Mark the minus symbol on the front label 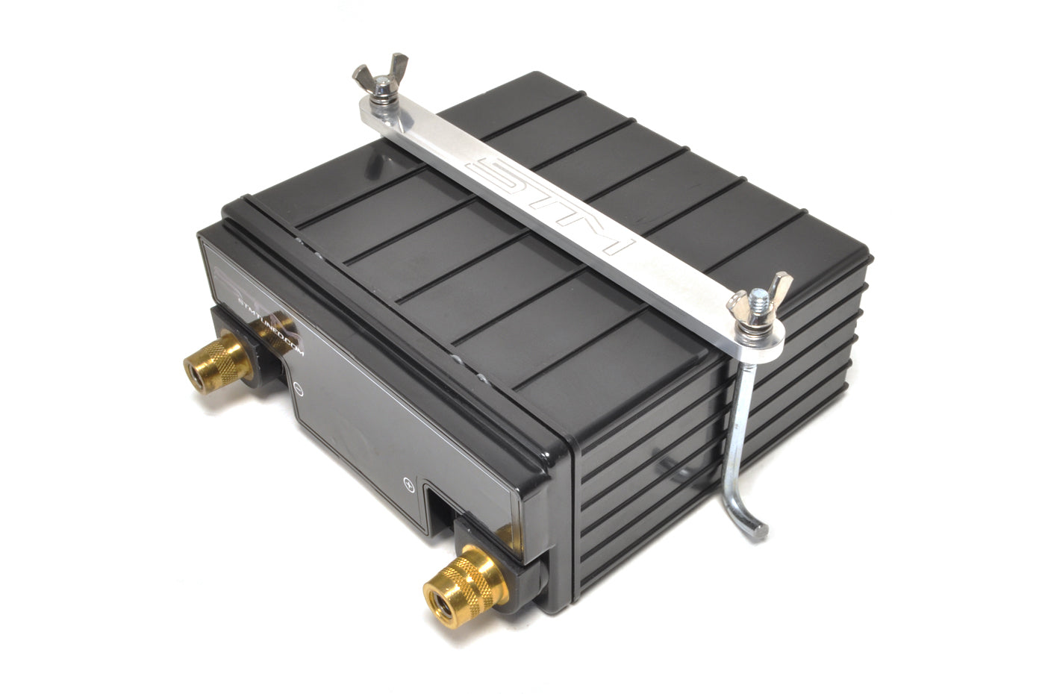coord(297,389)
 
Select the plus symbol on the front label coord(408,483)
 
